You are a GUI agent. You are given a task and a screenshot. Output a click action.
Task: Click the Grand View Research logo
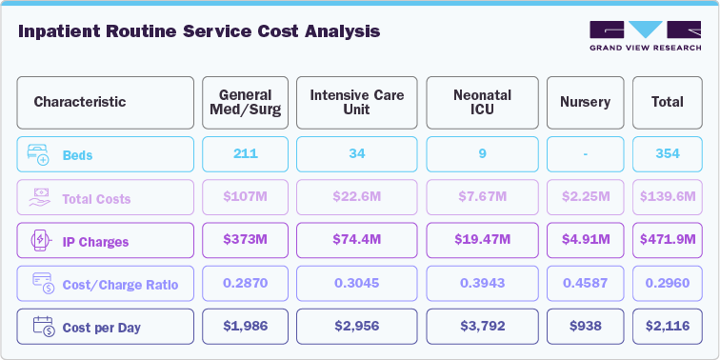click(645, 36)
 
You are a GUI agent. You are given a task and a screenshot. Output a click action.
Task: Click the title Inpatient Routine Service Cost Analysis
click(199, 31)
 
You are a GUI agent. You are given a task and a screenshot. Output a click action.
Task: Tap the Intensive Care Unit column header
click(356, 102)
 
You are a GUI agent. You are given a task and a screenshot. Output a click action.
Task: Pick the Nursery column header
click(585, 102)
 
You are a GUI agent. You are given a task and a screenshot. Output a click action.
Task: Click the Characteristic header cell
click(105, 102)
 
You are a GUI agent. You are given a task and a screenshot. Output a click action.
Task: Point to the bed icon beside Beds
click(36, 154)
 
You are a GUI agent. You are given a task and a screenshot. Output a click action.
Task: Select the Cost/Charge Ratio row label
click(120, 285)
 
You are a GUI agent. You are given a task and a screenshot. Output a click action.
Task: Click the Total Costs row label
click(96, 199)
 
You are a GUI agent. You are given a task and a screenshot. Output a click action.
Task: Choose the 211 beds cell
click(245, 154)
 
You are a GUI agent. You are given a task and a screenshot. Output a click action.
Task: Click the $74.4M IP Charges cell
click(356, 241)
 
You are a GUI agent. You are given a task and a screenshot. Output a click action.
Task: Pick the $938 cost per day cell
click(585, 327)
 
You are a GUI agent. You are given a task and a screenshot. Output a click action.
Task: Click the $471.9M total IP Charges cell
click(668, 241)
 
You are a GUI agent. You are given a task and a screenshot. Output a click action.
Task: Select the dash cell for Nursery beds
click(585, 154)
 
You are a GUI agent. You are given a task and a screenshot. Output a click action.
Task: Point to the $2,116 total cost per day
click(668, 327)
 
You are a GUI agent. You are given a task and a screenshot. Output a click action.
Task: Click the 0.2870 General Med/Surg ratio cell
click(245, 284)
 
